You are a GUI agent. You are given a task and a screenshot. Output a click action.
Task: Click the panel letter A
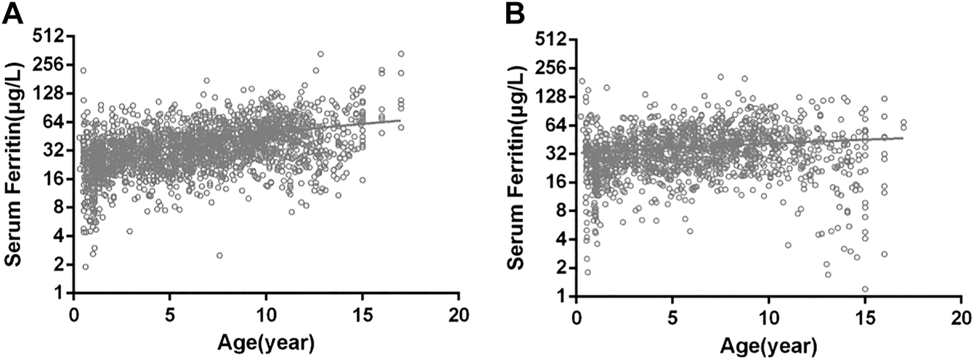pyautogui.click(x=13, y=12)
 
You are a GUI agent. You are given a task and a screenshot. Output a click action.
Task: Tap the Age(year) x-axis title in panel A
pyautogui.click(x=265, y=343)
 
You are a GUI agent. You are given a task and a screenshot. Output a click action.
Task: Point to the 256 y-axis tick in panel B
pyautogui.click(x=555, y=67)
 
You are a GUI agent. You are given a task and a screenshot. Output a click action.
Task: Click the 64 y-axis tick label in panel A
pyautogui.click(x=56, y=122)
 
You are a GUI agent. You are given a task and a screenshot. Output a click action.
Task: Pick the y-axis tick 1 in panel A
pyautogui.click(x=61, y=293)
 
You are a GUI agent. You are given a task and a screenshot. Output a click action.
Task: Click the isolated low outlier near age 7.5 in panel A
pyautogui.click(x=219, y=255)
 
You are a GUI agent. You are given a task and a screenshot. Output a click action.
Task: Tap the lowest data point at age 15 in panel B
pyautogui.click(x=865, y=289)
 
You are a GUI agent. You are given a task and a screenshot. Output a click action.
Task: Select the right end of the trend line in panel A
pyautogui.click(x=400, y=120)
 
